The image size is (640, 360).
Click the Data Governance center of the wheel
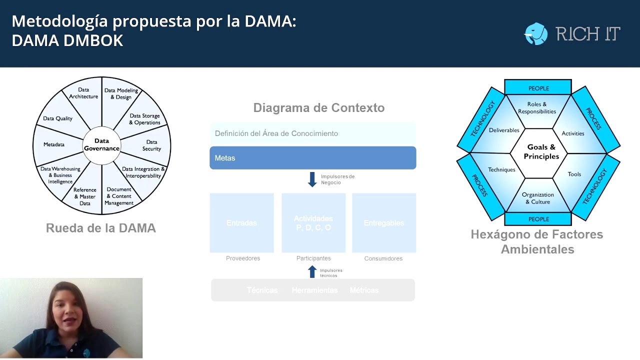pos(101,145)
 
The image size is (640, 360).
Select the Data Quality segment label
pos(57,118)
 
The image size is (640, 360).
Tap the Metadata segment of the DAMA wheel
pos(54,144)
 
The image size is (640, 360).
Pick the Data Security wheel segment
pos(151,145)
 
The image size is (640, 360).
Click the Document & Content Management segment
pos(119,196)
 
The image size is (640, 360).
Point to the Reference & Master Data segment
pos(85,197)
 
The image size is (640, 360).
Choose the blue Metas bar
pos(312,158)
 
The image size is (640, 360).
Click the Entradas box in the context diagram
pos(241,223)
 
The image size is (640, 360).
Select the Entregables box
pos(384,223)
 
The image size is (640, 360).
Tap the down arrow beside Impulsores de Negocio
pos(312,179)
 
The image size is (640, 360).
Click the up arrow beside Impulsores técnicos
pos(312,272)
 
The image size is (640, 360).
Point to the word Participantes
pos(313,258)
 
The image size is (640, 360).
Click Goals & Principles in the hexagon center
pos(541,152)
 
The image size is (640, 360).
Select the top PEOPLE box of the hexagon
pos(538,88)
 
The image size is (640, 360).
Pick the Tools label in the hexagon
pos(574,174)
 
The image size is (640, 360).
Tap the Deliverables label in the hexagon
pos(504,130)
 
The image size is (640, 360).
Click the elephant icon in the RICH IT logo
pos(536,33)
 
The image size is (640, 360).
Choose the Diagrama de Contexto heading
pos(319,108)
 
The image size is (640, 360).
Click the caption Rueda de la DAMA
pos(101,228)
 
